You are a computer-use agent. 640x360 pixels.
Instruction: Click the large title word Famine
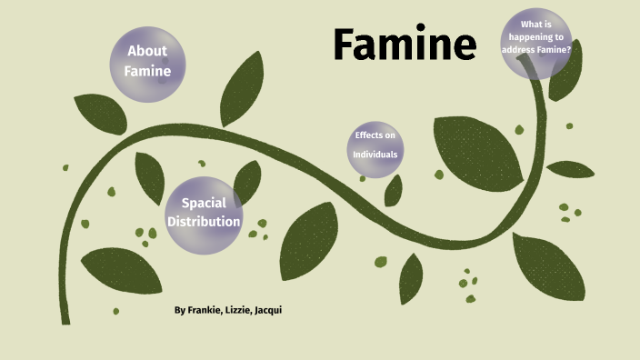point(404,45)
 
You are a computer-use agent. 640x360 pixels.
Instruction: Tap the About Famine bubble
point(147,61)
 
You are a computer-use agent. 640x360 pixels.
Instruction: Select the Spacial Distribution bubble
point(204,213)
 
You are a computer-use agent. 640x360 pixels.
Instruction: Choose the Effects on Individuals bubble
point(375,145)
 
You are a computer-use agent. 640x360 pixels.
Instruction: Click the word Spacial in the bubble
point(204,203)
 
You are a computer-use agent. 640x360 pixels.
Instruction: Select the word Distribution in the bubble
point(204,221)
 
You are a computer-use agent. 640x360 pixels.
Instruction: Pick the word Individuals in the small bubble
point(375,155)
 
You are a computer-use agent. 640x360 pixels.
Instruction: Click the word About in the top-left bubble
point(147,51)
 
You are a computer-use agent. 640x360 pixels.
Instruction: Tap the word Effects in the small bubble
point(375,135)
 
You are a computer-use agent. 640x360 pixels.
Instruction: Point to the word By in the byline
point(180,310)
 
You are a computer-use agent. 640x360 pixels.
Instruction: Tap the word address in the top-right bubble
point(520,50)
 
